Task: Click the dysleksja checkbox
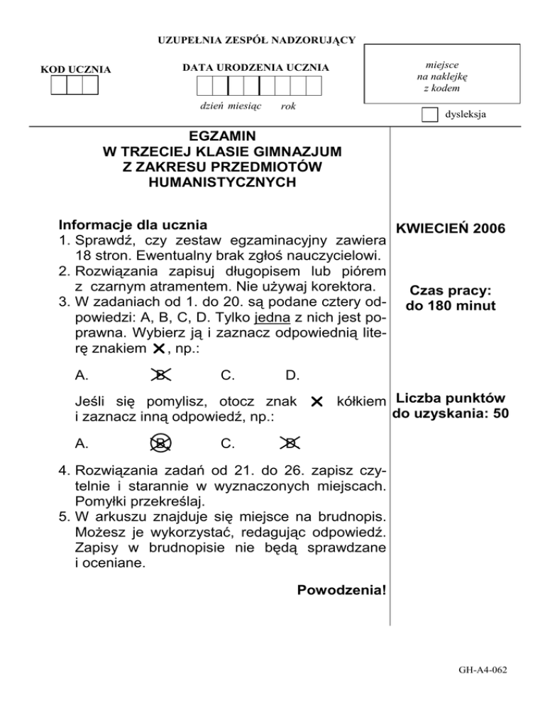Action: pos(429,115)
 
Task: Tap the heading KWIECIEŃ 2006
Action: pos(451,229)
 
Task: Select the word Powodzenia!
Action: pos(342,590)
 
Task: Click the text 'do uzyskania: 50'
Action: pos(448,413)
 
